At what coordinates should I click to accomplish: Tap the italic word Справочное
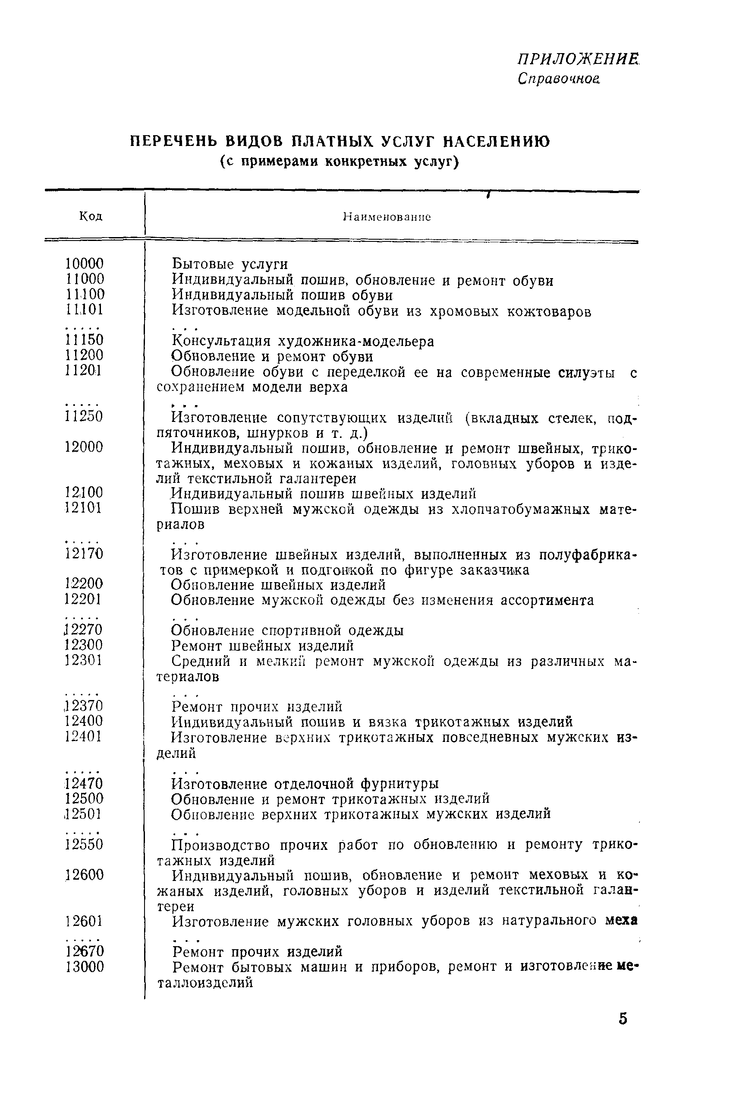[x=559, y=79]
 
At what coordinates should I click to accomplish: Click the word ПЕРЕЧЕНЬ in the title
[x=169, y=141]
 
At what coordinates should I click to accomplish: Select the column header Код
[x=91, y=216]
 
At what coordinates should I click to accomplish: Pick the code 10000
[x=85, y=263]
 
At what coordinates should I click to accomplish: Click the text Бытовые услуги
[x=230, y=264]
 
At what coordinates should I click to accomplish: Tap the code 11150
[x=85, y=340]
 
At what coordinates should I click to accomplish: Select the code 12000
[x=85, y=447]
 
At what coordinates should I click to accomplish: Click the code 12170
[x=85, y=554]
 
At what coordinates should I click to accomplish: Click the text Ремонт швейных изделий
[x=262, y=646]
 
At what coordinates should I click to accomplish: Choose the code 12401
[x=85, y=736]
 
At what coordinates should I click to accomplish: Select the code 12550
[x=85, y=845]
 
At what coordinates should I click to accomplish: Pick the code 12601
[x=85, y=922]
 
